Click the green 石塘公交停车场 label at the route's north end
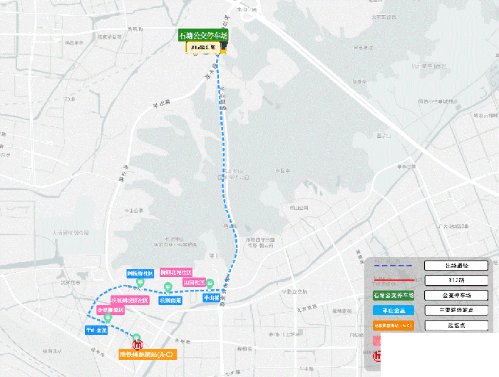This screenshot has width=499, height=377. click(203, 35)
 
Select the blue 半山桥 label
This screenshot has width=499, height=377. click(211, 298)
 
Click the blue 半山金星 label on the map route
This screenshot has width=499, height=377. click(96, 331)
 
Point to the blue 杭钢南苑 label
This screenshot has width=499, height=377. click(170, 301)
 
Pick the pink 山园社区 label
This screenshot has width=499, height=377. click(193, 283)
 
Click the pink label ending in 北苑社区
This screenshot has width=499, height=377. click(176, 273)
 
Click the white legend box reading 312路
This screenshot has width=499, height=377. click(456, 280)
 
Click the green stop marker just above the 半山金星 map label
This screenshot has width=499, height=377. click(107, 319)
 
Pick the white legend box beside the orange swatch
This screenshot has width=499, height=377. click(456, 326)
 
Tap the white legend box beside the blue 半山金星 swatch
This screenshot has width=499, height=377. click(456, 311)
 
